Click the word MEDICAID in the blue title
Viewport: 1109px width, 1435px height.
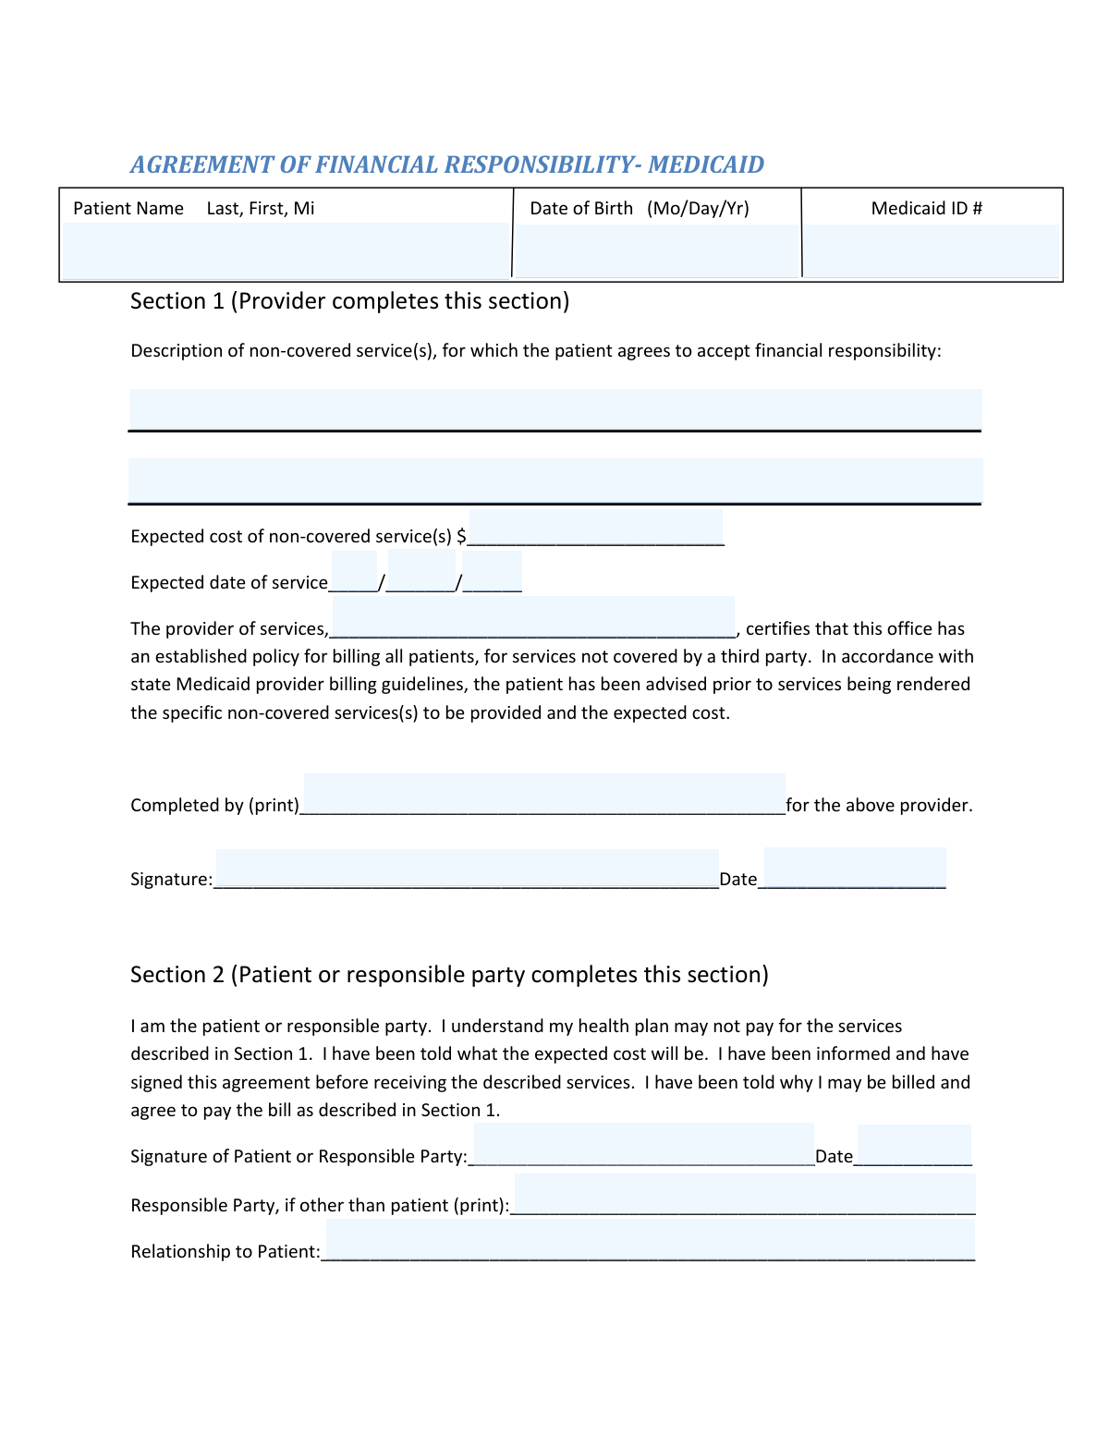[706, 164]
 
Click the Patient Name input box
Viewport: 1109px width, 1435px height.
[286, 249]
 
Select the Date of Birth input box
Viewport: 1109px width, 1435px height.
[656, 249]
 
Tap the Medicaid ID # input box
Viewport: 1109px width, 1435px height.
[932, 249]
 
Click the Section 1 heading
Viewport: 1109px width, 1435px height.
[349, 301]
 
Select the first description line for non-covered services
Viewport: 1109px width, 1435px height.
[554, 409]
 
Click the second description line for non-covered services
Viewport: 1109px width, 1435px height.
[554, 480]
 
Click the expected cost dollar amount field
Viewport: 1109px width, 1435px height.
[596, 528]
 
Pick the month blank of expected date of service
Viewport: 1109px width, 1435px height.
[354, 572]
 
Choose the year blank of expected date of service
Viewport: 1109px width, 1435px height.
[492, 572]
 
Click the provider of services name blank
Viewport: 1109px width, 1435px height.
[533, 617]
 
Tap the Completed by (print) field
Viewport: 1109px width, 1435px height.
[544, 795]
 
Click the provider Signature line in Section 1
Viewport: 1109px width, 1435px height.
[467, 870]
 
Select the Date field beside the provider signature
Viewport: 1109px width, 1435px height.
[855, 869]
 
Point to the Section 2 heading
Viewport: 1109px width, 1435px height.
[449, 975]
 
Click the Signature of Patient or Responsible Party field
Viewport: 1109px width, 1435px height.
[643, 1146]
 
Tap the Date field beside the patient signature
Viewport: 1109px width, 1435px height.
[914, 1146]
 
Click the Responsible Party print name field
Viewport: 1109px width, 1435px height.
[744, 1194]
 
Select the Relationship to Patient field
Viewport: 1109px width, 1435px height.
[650, 1240]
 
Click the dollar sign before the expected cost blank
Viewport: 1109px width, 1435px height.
[461, 536]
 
